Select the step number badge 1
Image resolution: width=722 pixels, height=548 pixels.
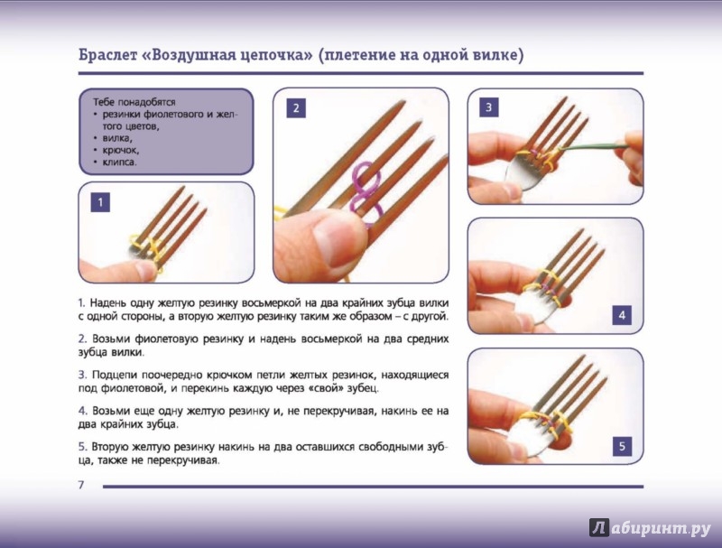(100, 202)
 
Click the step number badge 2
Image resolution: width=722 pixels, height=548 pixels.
(296, 108)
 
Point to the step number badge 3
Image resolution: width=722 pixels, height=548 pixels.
(488, 107)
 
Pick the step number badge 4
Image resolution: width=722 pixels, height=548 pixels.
(622, 315)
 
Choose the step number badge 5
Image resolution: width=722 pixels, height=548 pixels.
(622, 446)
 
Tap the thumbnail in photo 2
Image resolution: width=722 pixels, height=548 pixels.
(333, 239)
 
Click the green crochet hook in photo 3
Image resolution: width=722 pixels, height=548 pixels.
(594, 147)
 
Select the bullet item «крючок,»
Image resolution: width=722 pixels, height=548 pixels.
(121, 150)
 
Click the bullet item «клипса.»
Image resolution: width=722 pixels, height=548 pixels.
(120, 163)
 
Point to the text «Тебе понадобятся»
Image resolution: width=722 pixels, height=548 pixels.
(134, 102)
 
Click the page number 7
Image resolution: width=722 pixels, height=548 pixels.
(81, 485)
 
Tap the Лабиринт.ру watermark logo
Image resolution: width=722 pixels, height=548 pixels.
(650, 528)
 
